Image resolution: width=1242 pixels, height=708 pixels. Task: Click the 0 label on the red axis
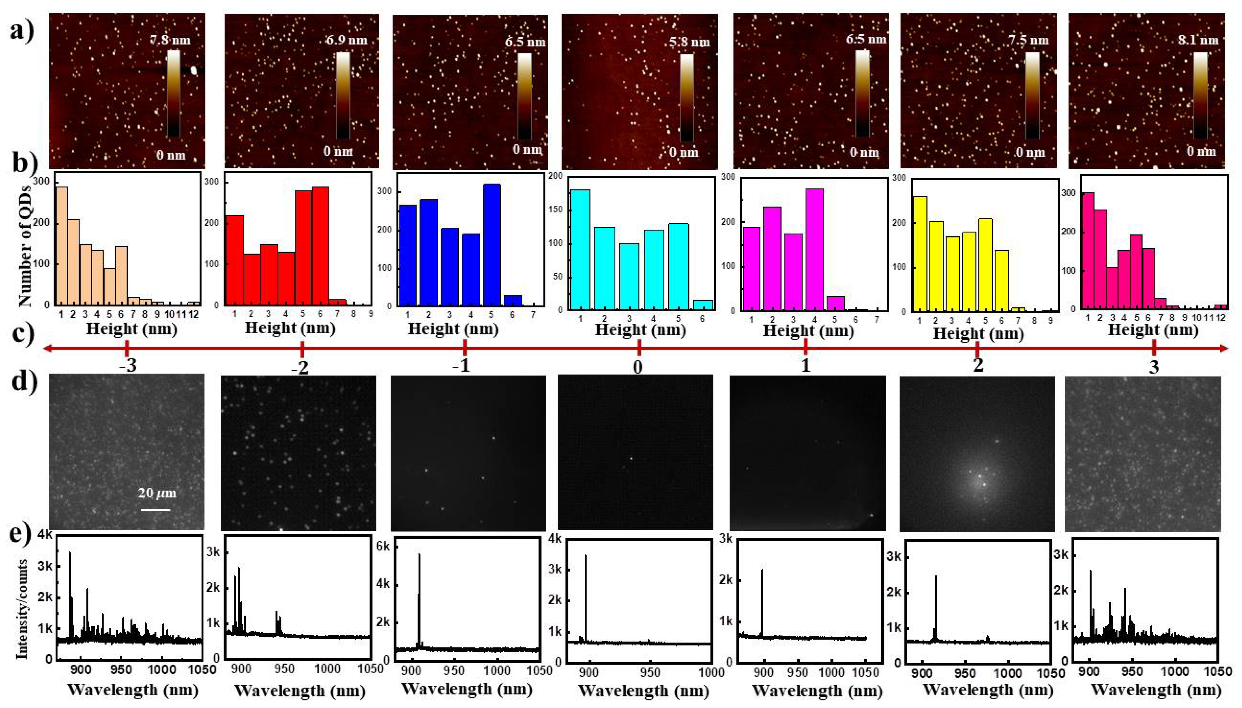tap(638, 366)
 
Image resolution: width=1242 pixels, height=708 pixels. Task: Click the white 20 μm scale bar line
tap(156, 510)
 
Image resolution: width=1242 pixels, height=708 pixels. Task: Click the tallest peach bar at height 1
tap(62, 246)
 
